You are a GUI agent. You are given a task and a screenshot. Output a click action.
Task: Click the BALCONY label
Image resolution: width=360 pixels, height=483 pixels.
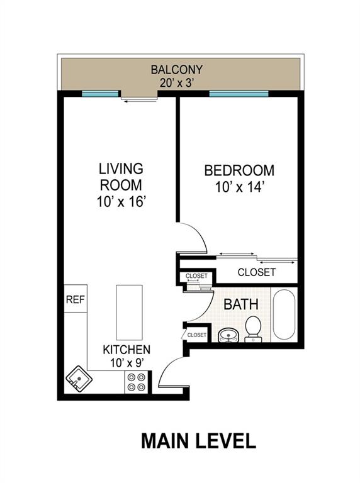tap(176, 69)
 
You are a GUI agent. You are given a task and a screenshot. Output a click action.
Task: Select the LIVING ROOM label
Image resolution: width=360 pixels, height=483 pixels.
tap(120, 177)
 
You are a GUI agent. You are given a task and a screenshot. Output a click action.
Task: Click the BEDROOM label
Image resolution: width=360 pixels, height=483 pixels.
tap(239, 170)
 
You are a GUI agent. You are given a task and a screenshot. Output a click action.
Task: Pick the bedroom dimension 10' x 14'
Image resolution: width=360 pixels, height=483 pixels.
tap(239, 187)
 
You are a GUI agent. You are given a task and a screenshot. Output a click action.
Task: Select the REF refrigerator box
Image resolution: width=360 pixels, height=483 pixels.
tap(75, 301)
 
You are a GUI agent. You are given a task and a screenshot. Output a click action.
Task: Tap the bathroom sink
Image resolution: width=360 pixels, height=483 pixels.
tap(228, 335)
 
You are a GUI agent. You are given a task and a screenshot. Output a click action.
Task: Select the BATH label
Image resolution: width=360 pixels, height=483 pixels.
tap(241, 304)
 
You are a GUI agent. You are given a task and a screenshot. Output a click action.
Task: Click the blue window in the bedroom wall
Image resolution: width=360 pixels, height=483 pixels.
tap(239, 94)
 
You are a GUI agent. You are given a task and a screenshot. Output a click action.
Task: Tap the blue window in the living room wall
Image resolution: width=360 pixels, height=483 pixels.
tap(100, 94)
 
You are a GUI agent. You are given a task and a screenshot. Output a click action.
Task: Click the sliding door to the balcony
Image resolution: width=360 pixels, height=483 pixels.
tap(139, 96)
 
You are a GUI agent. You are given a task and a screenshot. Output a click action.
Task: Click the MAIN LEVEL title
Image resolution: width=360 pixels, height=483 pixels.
tap(198, 440)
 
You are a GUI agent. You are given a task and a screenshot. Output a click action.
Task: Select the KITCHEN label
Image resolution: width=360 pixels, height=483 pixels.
tap(127, 350)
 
